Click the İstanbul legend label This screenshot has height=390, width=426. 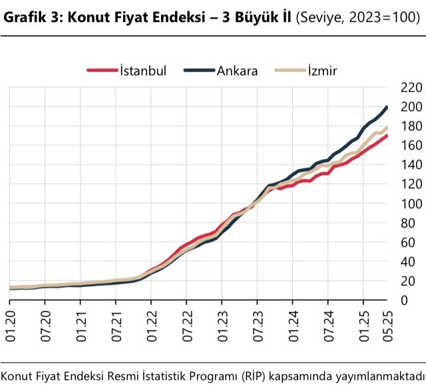pos(143,70)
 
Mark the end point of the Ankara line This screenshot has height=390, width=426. pos(387,107)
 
